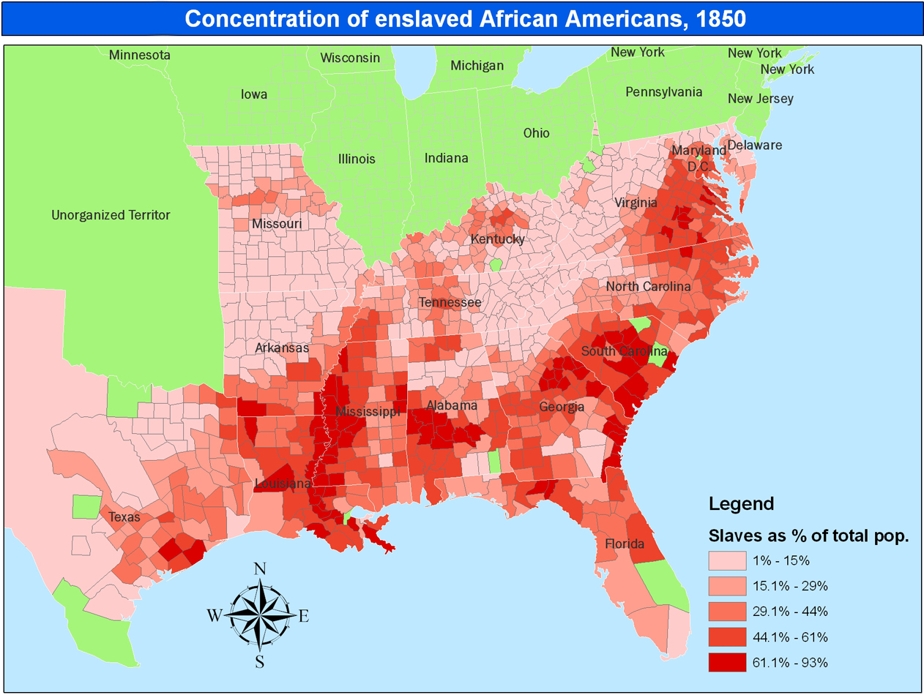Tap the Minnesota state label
click(139, 56)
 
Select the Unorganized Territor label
click(111, 215)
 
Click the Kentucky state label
click(497, 239)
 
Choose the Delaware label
click(754, 145)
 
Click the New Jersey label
click(760, 99)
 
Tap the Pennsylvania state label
click(663, 92)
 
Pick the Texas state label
click(124, 517)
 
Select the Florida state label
click(624, 544)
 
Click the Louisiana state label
click(283, 484)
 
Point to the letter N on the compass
click(259, 569)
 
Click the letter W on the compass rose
click(215, 615)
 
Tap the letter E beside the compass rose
click(303, 616)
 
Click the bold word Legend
click(741, 503)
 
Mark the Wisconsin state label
click(350, 58)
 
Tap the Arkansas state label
click(281, 348)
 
